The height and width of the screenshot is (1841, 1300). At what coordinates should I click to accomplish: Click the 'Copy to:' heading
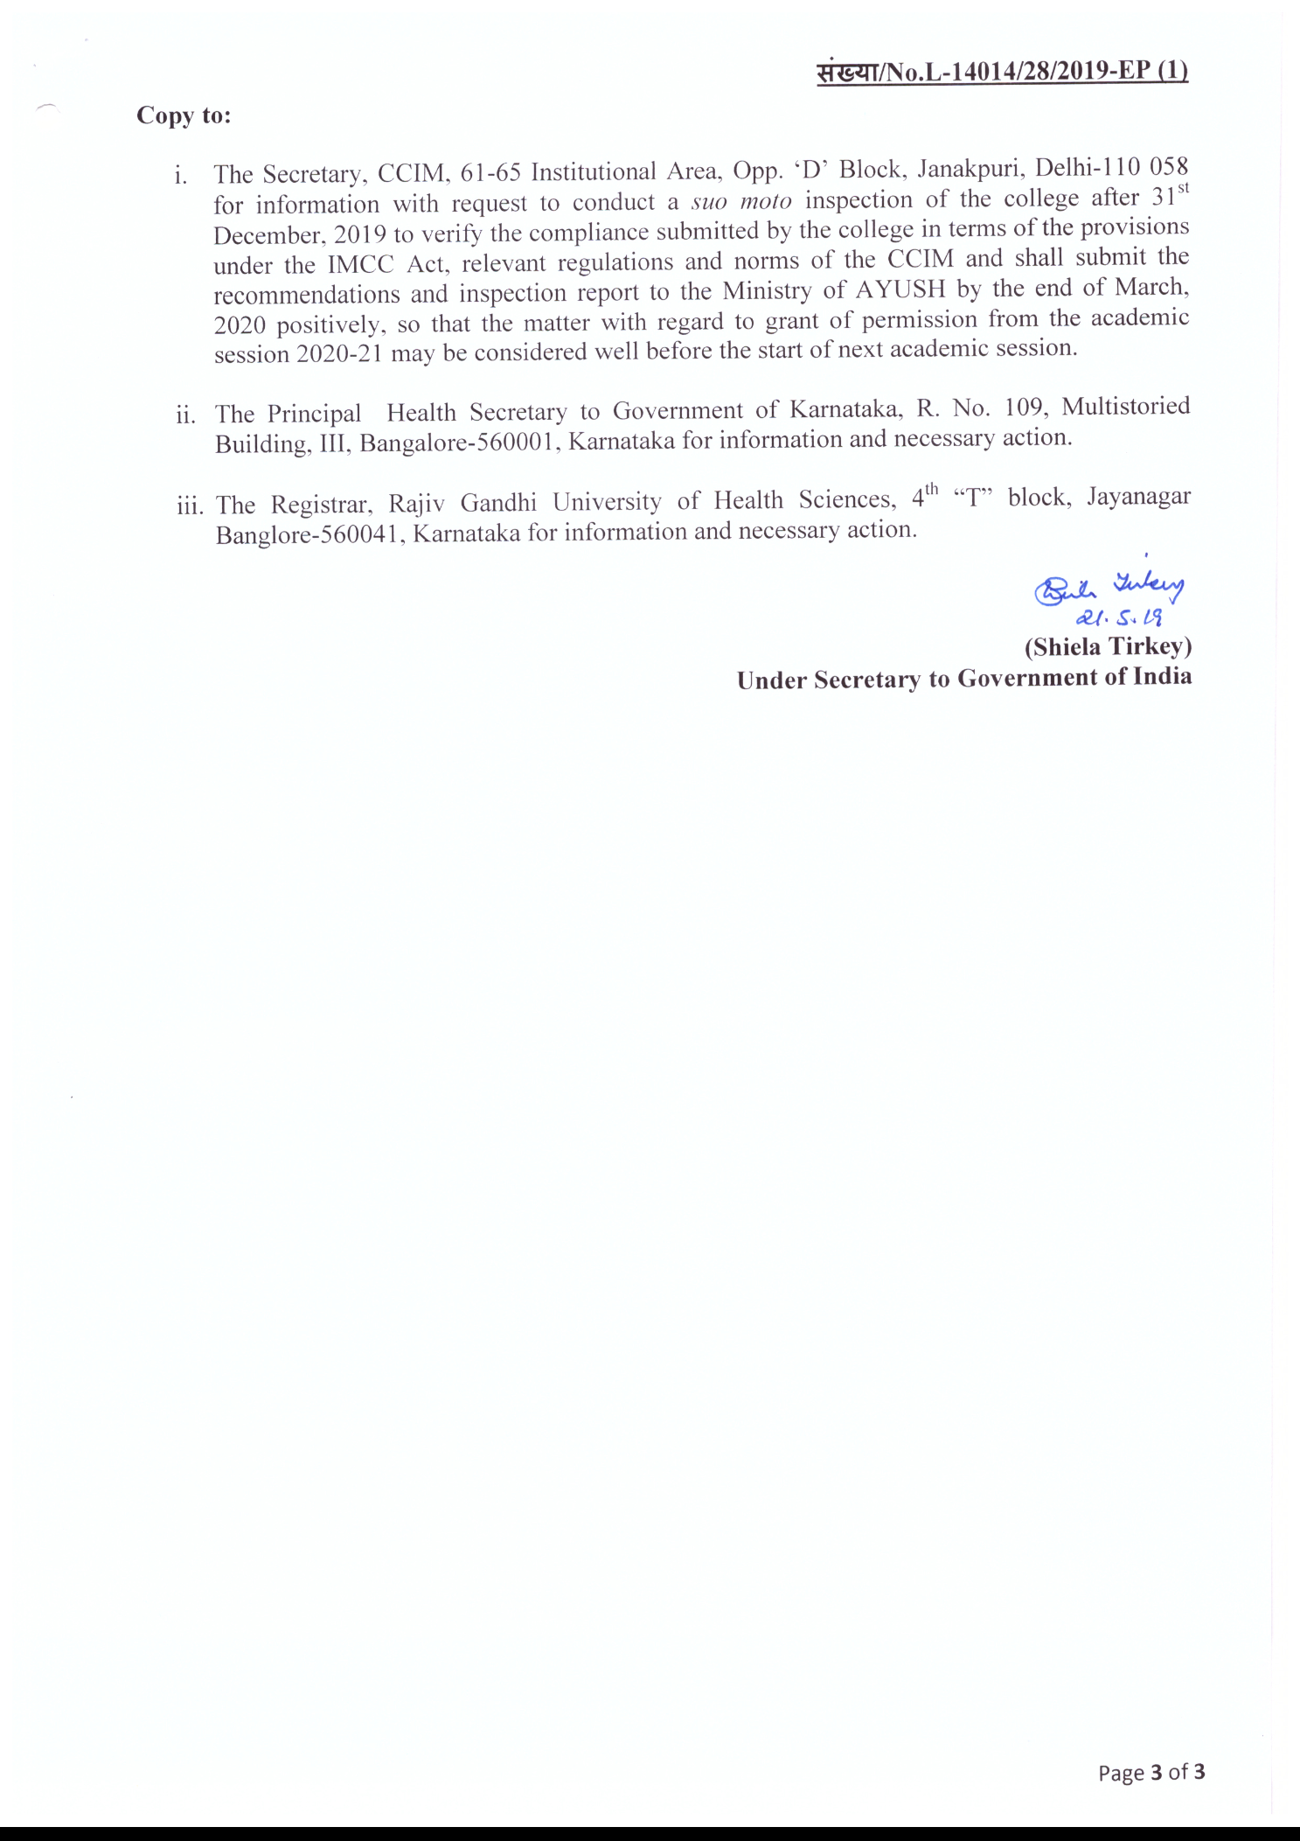(184, 115)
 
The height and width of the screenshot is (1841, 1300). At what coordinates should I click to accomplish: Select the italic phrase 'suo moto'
(741, 201)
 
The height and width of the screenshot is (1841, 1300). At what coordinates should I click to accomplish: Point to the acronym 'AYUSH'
(900, 289)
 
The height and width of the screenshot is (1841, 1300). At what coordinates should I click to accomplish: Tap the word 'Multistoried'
(1125, 407)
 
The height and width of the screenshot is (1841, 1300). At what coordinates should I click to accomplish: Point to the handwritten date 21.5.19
(1118, 617)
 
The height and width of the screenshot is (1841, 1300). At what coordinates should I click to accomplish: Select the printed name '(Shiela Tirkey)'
(1108, 646)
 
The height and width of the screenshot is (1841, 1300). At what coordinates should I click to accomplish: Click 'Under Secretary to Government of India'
(963, 679)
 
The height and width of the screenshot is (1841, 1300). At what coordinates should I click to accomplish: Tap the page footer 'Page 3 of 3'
(1151, 1773)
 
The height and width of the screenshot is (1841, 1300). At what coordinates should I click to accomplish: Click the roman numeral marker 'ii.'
(185, 415)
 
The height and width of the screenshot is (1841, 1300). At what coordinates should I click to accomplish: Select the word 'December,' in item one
(269, 235)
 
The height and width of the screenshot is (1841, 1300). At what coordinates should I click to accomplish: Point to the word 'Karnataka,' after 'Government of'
(846, 409)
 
